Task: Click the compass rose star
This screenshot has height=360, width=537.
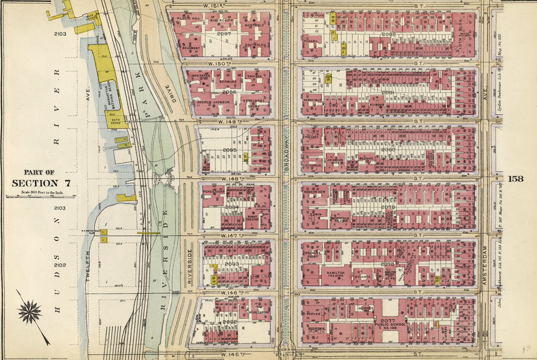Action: (29, 312)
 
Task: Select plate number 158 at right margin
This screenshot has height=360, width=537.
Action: (515, 178)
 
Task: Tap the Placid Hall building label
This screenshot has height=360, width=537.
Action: (189, 18)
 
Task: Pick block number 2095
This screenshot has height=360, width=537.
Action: (230, 150)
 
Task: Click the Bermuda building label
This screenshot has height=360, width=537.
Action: (231, 82)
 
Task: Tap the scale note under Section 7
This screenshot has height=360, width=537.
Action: (40, 193)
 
